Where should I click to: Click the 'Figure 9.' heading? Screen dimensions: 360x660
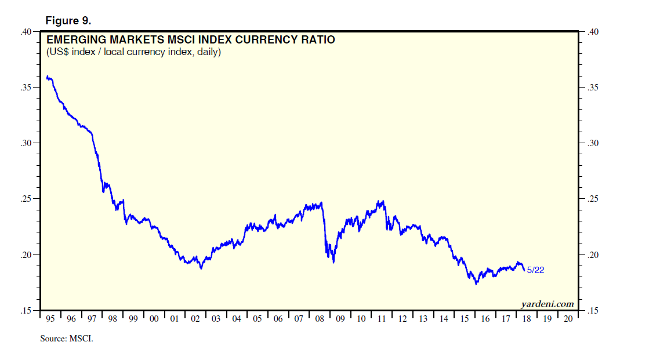[x=68, y=21]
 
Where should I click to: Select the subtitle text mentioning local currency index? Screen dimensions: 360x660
[x=133, y=52]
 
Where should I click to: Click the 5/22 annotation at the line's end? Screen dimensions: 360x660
[x=535, y=270]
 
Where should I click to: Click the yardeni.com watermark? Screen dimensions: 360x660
[x=547, y=304]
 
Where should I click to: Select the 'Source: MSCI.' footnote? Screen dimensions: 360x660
[x=66, y=339]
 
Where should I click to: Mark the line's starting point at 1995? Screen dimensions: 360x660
[x=46, y=77]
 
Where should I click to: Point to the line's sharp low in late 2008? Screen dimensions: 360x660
[x=333, y=262]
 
